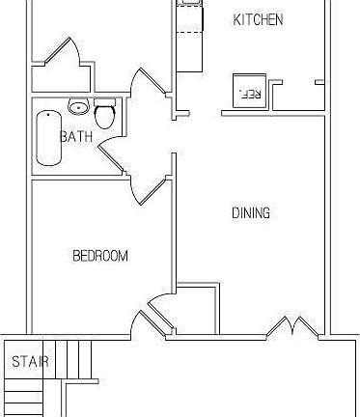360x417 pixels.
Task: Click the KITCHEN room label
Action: pos(258,19)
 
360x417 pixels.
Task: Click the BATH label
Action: pos(76,137)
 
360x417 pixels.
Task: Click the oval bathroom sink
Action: pos(78,106)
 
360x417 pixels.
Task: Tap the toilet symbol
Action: pos(106,117)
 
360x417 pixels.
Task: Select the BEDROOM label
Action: pos(100,256)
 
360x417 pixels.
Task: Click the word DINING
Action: pos(250,213)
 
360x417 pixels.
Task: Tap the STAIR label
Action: pos(30,362)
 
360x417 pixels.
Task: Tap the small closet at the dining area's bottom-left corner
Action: pos(199,309)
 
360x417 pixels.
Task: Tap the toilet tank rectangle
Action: pos(105,103)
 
